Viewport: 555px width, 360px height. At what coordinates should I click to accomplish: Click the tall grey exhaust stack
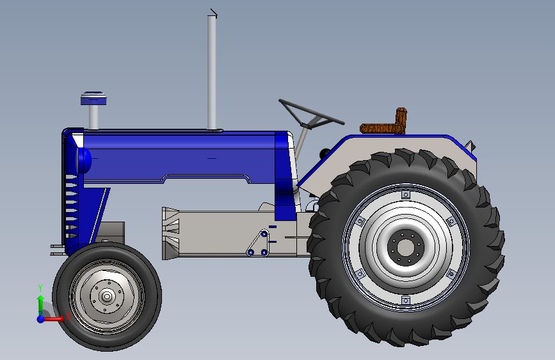click(212, 70)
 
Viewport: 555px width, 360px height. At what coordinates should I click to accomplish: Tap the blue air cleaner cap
click(93, 98)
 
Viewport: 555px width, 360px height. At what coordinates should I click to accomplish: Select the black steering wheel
click(311, 113)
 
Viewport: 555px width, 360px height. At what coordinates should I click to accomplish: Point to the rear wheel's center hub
click(405, 247)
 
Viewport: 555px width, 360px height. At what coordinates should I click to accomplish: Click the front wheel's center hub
click(107, 296)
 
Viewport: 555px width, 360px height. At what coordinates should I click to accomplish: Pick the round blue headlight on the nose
click(84, 160)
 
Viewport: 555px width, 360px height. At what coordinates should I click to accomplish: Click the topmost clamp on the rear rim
click(405, 194)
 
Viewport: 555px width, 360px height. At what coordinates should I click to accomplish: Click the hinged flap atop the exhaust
click(213, 12)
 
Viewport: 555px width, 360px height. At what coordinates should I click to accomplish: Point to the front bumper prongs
click(56, 249)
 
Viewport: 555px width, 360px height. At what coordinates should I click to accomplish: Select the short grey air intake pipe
click(93, 116)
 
